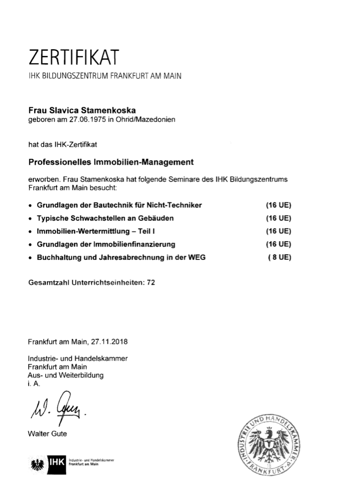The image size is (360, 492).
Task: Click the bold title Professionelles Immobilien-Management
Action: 111,162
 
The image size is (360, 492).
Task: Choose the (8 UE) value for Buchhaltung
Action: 279,257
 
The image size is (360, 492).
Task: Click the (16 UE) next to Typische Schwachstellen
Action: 278,218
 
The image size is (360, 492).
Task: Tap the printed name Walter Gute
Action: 47,434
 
